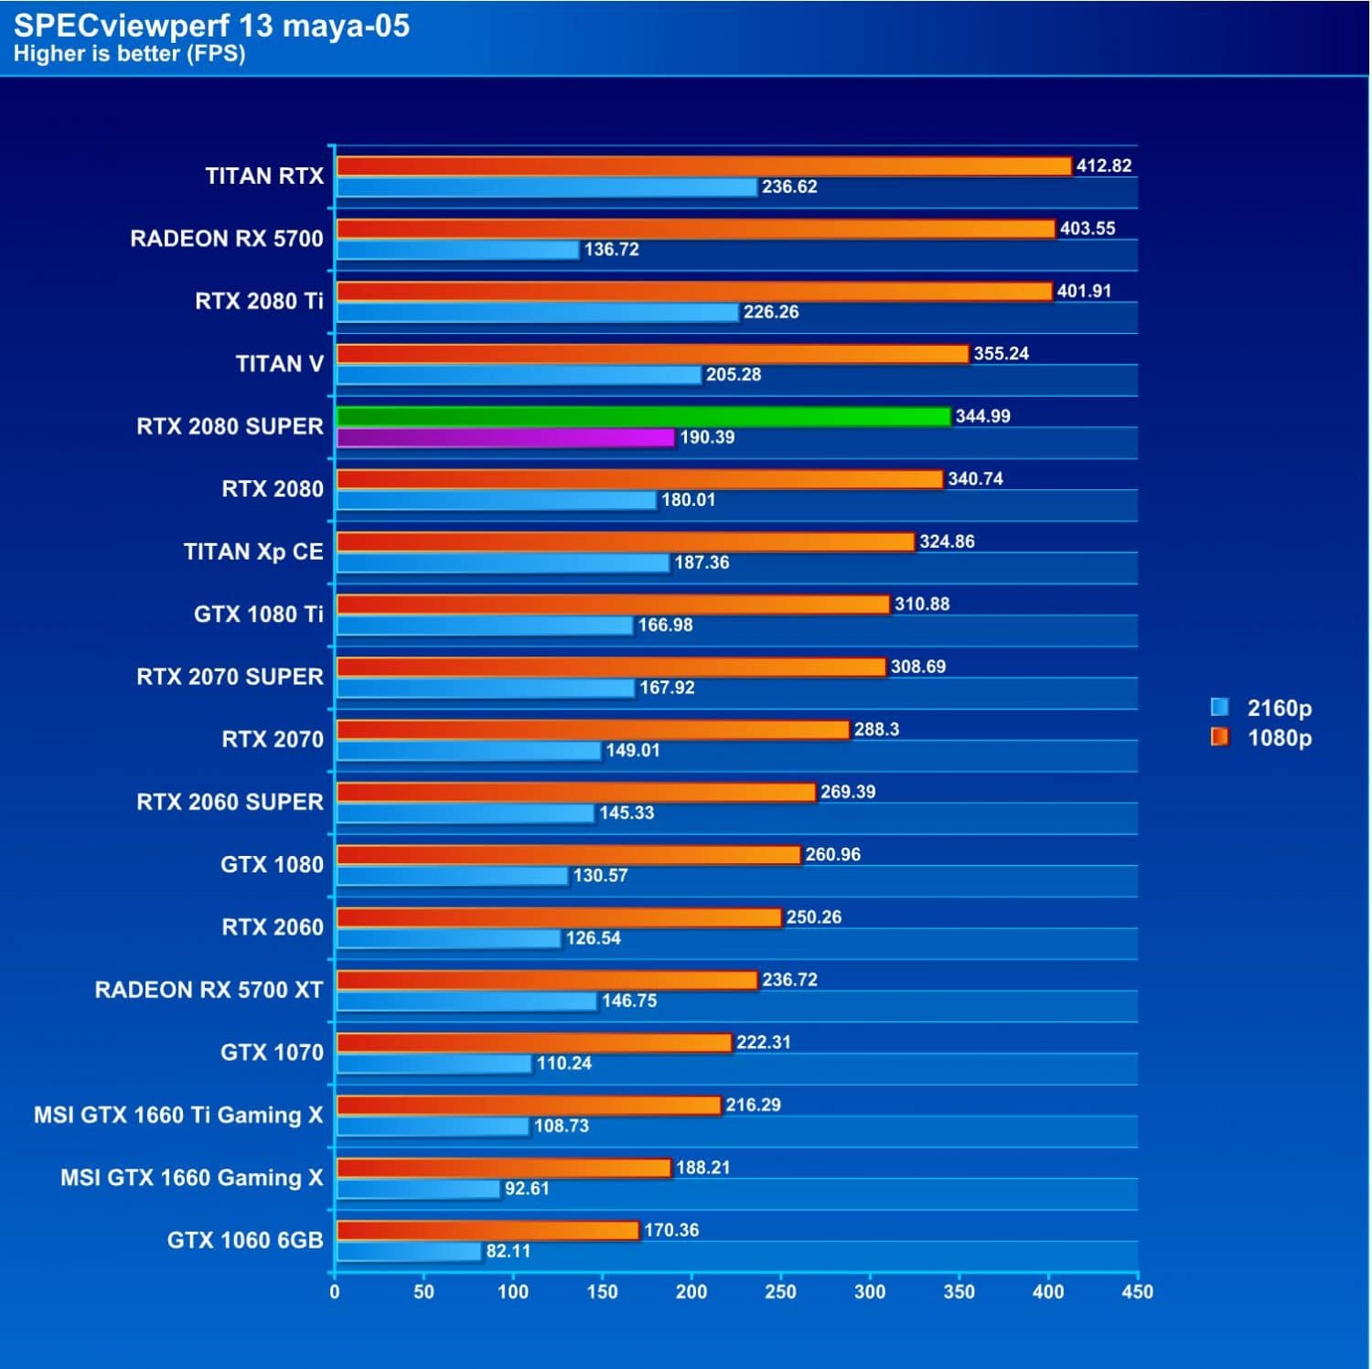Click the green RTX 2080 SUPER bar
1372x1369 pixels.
point(644,417)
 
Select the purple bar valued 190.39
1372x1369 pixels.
point(506,438)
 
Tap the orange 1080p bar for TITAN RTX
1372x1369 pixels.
point(703,166)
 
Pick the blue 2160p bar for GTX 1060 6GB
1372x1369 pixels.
point(409,1251)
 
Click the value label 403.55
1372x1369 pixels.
point(1087,229)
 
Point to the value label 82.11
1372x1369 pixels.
point(508,1251)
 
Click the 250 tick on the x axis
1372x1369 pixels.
point(780,1291)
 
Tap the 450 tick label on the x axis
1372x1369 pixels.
point(1137,1291)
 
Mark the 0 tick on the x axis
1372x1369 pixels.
point(335,1291)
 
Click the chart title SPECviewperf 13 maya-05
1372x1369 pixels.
point(211,26)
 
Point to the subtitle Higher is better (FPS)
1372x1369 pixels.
point(129,54)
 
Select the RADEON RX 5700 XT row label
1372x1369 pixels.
point(209,989)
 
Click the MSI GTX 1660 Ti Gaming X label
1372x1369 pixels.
point(178,1115)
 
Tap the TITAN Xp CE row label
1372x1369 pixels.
point(253,551)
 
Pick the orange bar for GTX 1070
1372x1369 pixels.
point(534,1043)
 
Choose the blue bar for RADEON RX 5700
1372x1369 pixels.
point(458,250)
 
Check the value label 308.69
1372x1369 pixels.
point(917,667)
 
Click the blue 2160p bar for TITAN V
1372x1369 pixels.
point(519,375)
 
